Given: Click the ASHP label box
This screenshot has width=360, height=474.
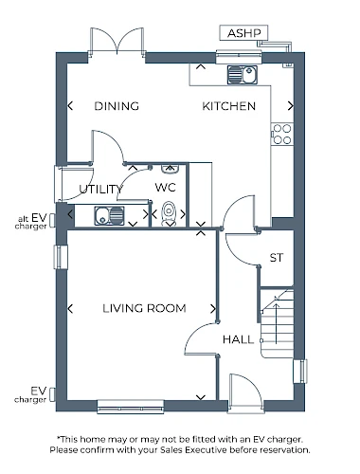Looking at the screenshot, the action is point(243,33).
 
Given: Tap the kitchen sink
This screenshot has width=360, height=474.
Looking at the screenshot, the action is point(243,75).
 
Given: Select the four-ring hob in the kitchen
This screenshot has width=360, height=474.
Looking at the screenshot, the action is point(282,134).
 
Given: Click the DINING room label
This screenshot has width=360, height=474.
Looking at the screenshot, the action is point(117,106).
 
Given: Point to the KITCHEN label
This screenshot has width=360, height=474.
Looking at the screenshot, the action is point(229,106).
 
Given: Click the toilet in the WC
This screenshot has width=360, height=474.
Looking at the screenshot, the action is point(170,212).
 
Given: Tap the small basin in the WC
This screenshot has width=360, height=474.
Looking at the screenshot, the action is point(171,169).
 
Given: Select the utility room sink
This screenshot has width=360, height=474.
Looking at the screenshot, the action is point(109,215).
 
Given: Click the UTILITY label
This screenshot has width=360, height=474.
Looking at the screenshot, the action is point(100,190).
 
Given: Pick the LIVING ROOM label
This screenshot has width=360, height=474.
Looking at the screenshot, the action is point(144,308).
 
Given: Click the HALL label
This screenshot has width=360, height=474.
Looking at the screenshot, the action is point(238,339).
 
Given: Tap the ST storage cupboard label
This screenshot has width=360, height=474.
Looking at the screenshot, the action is point(277,258).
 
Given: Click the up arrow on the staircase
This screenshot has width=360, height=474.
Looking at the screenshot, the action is point(277,323).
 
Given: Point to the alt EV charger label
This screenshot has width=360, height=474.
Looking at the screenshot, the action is point(31,222).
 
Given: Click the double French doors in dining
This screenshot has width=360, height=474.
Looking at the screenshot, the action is point(117,42).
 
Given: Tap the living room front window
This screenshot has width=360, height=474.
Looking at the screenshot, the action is point(131,407).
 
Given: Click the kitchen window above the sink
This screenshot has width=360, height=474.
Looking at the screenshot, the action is point(239,57).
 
